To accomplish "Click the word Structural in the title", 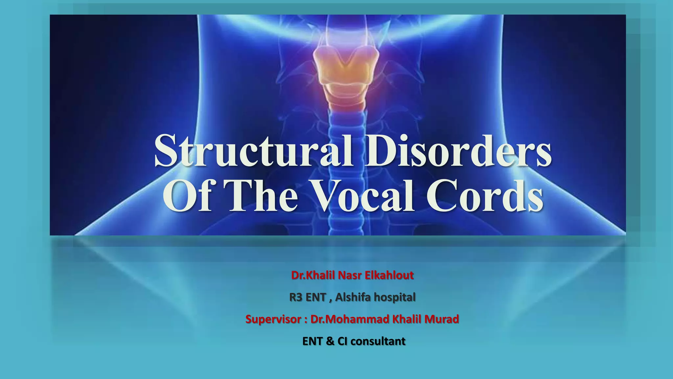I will [x=253, y=151].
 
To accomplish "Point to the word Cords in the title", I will [x=484, y=196].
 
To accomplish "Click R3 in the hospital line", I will [x=296, y=297].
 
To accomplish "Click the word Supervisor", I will [x=273, y=319].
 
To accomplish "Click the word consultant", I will [x=378, y=341].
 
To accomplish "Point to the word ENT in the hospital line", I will [x=315, y=297].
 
